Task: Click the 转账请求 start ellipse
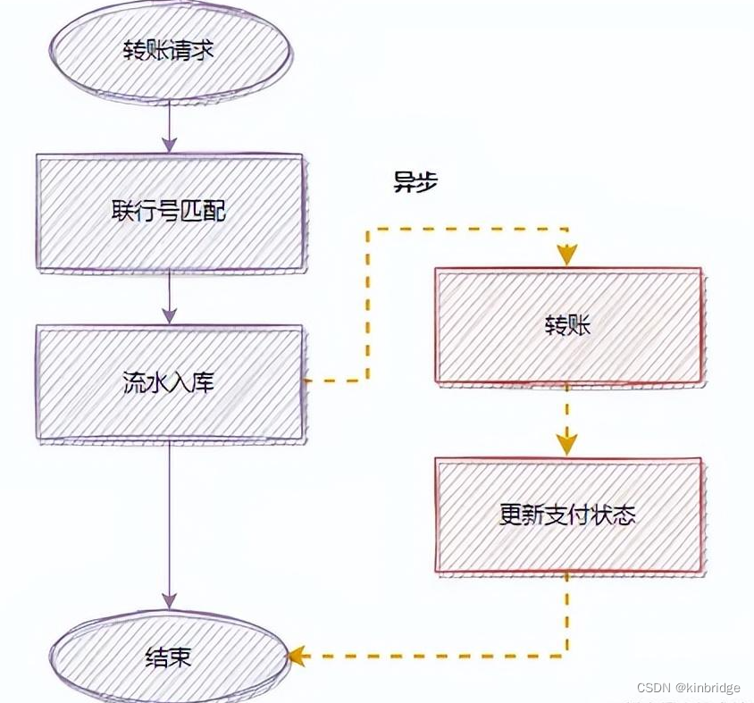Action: click(170, 50)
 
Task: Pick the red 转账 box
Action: click(568, 325)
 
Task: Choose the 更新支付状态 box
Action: click(568, 515)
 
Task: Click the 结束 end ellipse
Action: click(170, 658)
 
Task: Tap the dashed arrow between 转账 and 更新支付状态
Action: click(567, 420)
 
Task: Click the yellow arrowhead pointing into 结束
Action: click(296, 657)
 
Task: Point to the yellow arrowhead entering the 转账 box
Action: click(567, 256)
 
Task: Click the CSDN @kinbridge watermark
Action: click(688, 687)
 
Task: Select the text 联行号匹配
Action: click(170, 212)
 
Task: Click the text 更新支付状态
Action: click(568, 515)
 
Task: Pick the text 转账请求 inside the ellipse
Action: click(170, 50)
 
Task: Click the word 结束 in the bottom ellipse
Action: click(169, 658)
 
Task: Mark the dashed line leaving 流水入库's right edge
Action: click(335, 381)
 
